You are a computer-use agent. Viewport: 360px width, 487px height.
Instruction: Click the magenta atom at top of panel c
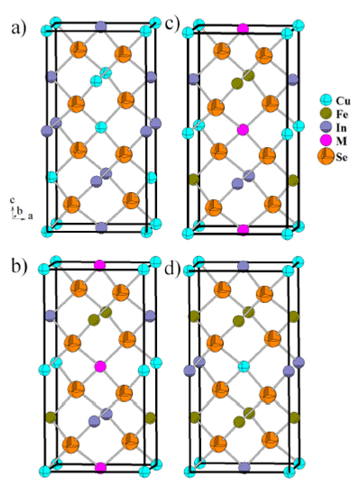coord(242,30)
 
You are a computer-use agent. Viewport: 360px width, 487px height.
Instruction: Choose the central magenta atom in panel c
coord(242,131)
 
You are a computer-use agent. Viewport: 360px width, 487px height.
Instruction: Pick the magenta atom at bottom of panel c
coord(242,231)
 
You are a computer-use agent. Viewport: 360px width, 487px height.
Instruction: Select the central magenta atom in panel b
coord(100,366)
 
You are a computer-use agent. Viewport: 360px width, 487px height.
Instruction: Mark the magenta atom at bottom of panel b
coord(100,467)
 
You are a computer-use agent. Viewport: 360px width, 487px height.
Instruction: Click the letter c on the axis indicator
coord(12,199)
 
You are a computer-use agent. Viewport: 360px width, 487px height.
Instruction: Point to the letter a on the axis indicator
coord(31,217)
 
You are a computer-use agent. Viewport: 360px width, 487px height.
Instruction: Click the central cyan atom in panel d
coord(243,366)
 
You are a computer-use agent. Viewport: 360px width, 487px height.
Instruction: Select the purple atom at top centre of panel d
coord(243,266)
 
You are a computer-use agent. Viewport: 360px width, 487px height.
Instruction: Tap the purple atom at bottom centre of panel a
coord(101,228)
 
